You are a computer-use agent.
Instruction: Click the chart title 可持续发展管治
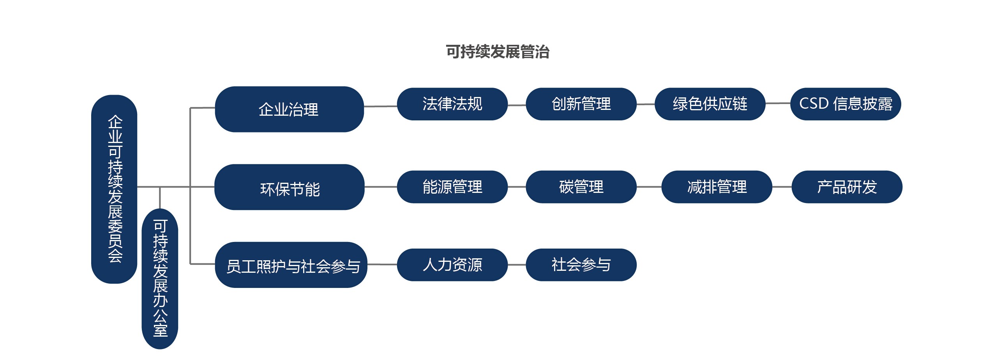click(498, 52)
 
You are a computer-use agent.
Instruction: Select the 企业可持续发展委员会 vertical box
click(114, 189)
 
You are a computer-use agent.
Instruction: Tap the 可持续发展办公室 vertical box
click(160, 279)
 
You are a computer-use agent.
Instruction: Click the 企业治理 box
click(289, 109)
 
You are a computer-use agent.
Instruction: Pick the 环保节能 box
click(290, 187)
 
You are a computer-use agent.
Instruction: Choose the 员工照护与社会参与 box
click(291, 265)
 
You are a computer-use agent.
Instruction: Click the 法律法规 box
click(452, 104)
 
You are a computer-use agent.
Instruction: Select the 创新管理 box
click(581, 104)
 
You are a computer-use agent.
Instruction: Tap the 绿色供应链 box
click(710, 104)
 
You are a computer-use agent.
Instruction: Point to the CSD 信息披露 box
click(846, 104)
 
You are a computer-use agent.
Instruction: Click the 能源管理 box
click(452, 187)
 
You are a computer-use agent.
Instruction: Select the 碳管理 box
click(581, 187)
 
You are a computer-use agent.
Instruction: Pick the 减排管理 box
click(717, 187)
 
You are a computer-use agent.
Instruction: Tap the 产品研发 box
click(847, 187)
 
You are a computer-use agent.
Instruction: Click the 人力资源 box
click(452, 265)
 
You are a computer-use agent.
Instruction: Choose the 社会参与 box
click(581, 265)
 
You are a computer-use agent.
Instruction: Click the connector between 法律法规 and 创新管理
click(517, 105)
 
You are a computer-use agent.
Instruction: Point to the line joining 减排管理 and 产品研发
click(782, 187)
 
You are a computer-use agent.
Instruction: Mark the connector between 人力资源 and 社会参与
click(517, 265)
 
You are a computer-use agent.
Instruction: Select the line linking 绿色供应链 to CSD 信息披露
click(778, 104)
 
